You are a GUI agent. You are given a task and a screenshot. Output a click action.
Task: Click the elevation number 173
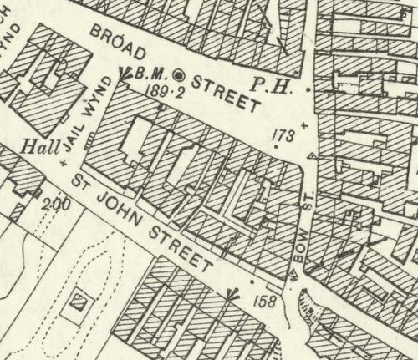(283, 135)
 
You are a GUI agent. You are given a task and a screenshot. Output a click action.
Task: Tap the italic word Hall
(40, 147)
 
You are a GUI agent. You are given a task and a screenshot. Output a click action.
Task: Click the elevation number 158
(265, 301)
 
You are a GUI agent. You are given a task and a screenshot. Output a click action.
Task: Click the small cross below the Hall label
(64, 163)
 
